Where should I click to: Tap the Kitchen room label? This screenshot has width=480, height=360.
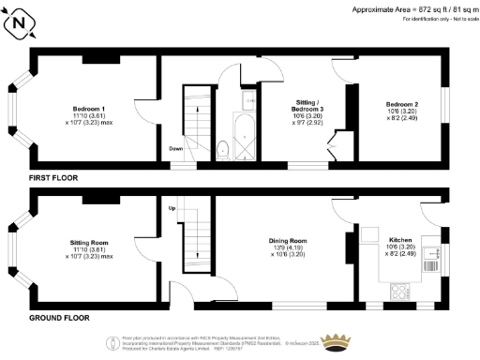pyautogui.click(x=400, y=241)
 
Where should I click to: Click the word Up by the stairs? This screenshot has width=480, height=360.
pyautogui.click(x=172, y=207)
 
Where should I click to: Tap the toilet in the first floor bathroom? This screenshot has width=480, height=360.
pyautogui.click(x=221, y=148)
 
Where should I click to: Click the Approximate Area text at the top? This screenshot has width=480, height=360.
pyautogui.click(x=412, y=8)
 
